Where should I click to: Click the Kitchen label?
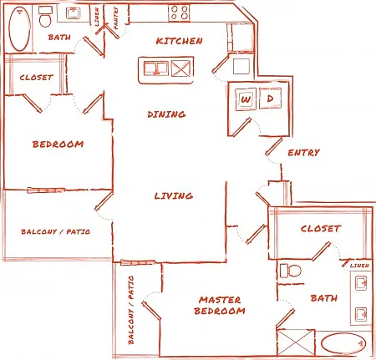pos(179,41)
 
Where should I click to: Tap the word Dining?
pos(166,114)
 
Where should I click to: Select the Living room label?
pos(174,195)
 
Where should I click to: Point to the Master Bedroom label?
pos(220,306)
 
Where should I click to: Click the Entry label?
pos(303,153)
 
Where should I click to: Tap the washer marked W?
pos(246,99)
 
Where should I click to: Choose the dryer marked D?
pos(270,98)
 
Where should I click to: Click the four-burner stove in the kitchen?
pos(179,13)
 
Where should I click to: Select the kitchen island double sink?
pos(156,68)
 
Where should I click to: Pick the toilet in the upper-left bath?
pos(45,16)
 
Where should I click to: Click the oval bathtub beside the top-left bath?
pos(19,28)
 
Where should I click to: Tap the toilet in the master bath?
pos(291,271)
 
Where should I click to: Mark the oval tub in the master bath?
pos(343,343)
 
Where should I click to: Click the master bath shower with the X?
pos(296,342)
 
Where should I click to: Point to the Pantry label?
pos(116,18)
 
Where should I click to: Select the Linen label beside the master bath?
pos(359,266)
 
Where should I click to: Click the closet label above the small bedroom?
pos(36,78)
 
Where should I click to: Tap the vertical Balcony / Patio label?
pos(131,310)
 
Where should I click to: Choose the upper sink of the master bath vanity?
pos(361,283)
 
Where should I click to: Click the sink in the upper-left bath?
pos(74,13)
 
